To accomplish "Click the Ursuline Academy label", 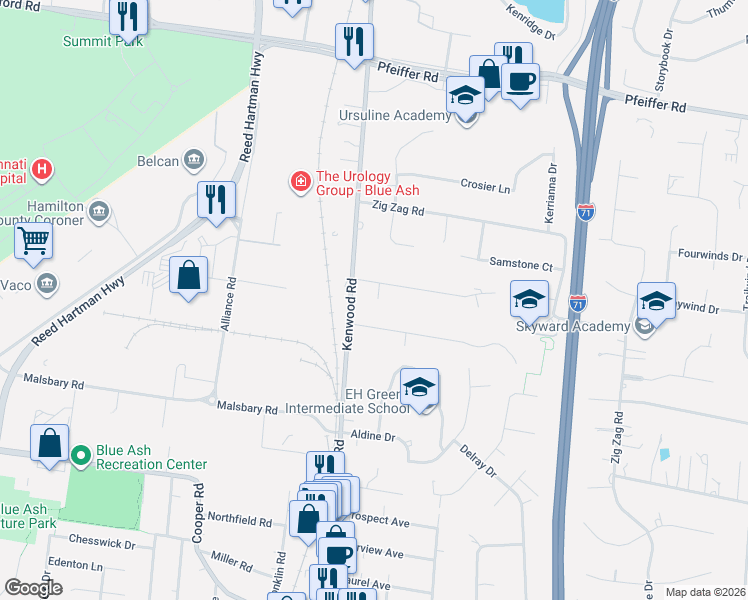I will pyautogui.click(x=409, y=116).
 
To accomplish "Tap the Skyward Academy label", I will pyautogui.click(x=572, y=326).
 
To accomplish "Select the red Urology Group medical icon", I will pyautogui.click(x=299, y=181).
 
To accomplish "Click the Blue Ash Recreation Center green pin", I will pyautogui.click(x=81, y=457).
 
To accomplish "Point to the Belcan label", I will pyautogui.click(x=158, y=160).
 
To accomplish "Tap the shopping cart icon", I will pyautogui.click(x=33, y=240).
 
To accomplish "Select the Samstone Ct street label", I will pyautogui.click(x=520, y=265).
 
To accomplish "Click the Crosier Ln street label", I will pyautogui.click(x=485, y=187).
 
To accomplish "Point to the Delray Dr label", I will pyautogui.click(x=478, y=461).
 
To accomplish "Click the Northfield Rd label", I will pyautogui.click(x=238, y=522).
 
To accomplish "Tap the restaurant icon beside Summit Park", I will pyautogui.click(x=129, y=16).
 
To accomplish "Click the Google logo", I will pyautogui.click(x=33, y=588).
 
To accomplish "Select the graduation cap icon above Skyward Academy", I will pyautogui.click(x=529, y=297).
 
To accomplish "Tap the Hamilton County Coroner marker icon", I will pyautogui.click(x=99, y=210).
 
